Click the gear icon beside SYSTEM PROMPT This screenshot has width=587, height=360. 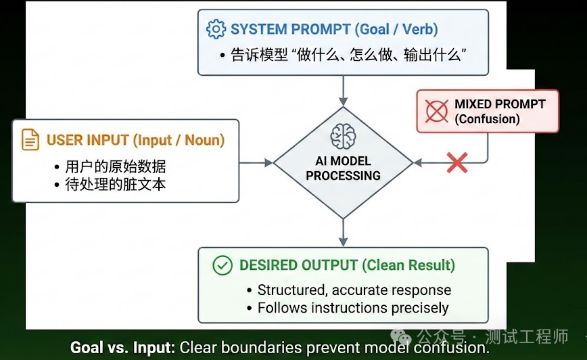pyautogui.click(x=216, y=29)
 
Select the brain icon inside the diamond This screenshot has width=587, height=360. pyautogui.click(x=343, y=137)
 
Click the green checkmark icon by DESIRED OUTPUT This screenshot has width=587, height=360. pyautogui.click(x=222, y=265)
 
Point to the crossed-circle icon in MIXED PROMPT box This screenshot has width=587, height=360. pyautogui.click(x=436, y=111)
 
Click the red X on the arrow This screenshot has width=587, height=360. pyautogui.click(x=457, y=162)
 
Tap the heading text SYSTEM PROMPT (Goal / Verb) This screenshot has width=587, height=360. pyautogui.click(x=334, y=29)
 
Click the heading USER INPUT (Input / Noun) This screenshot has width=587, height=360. pyautogui.click(x=135, y=140)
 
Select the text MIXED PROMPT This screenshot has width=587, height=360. pyautogui.click(x=500, y=104)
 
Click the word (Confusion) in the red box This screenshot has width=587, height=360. pyautogui.click(x=487, y=119)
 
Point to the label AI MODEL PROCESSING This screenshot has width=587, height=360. pyautogui.click(x=343, y=168)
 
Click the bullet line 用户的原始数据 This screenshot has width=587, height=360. pyautogui.click(x=116, y=166)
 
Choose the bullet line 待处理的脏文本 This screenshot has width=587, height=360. pyautogui.click(x=116, y=183)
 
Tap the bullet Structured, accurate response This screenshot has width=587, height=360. pyautogui.click(x=354, y=290)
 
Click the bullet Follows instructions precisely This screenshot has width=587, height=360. pyautogui.click(x=352, y=308)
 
